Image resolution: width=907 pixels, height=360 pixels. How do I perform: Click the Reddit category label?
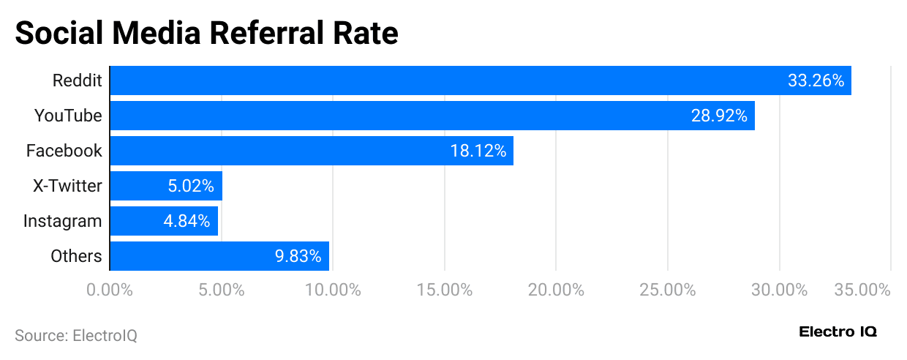(77, 80)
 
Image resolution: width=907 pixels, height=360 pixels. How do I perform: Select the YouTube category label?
(68, 116)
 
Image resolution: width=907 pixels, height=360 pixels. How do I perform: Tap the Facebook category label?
(64, 151)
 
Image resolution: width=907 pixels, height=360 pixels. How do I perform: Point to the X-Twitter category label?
(67, 186)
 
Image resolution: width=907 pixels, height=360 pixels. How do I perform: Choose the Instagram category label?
(63, 221)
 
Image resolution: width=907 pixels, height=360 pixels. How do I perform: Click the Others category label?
(76, 256)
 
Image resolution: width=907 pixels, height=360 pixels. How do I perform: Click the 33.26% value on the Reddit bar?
(816, 80)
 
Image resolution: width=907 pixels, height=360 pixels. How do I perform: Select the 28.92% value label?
(719, 116)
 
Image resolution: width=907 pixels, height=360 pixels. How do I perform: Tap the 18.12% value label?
(478, 151)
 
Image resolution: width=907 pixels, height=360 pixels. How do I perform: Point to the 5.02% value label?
(190, 186)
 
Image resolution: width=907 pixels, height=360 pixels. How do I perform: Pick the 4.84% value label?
(187, 221)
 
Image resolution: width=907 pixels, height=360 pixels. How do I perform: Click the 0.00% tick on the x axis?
(110, 290)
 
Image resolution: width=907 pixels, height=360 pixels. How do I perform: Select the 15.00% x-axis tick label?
(445, 290)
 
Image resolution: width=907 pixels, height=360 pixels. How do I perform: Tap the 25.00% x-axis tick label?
(668, 290)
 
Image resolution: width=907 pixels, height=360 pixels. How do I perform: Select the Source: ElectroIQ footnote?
(76, 336)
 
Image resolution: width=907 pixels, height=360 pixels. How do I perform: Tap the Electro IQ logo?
(838, 331)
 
